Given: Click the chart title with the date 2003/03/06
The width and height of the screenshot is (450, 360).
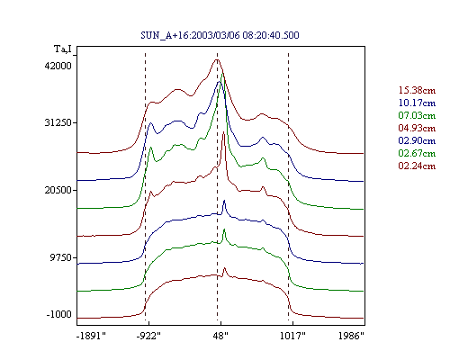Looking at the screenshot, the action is (x=220, y=35).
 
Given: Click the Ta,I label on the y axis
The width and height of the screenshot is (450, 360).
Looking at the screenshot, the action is (x=63, y=49).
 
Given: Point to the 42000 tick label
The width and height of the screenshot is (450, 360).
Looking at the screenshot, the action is (x=58, y=66).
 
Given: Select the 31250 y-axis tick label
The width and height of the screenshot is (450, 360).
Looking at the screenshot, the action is (x=58, y=122).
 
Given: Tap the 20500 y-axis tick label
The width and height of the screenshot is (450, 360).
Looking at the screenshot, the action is (x=58, y=190).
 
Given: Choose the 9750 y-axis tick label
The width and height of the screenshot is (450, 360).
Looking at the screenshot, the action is (x=61, y=257).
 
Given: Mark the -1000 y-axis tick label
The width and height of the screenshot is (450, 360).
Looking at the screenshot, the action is (x=59, y=314).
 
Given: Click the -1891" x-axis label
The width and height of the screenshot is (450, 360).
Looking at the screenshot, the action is (x=91, y=336).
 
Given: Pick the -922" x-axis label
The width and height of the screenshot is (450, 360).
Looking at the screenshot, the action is (x=148, y=336).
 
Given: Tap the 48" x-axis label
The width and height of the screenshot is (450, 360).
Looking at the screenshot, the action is (x=220, y=336).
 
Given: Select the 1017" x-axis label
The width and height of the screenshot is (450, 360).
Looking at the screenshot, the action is (x=292, y=336).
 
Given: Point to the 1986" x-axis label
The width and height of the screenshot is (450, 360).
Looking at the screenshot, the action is (x=351, y=336).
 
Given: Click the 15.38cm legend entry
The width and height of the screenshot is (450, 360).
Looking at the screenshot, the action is (x=417, y=90).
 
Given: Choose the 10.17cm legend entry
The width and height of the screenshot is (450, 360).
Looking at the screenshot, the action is (x=417, y=103).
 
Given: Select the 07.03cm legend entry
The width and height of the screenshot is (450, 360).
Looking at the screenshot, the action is (x=417, y=115).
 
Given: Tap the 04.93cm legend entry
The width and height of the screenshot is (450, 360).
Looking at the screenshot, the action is (x=417, y=128).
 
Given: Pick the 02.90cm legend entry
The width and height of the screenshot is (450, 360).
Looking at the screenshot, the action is (x=417, y=140).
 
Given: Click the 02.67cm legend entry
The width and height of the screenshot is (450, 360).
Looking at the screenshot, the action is (x=417, y=153).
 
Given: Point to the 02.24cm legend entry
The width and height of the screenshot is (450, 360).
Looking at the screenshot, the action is (x=417, y=166).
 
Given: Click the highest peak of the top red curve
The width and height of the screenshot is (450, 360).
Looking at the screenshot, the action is (x=217, y=59).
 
